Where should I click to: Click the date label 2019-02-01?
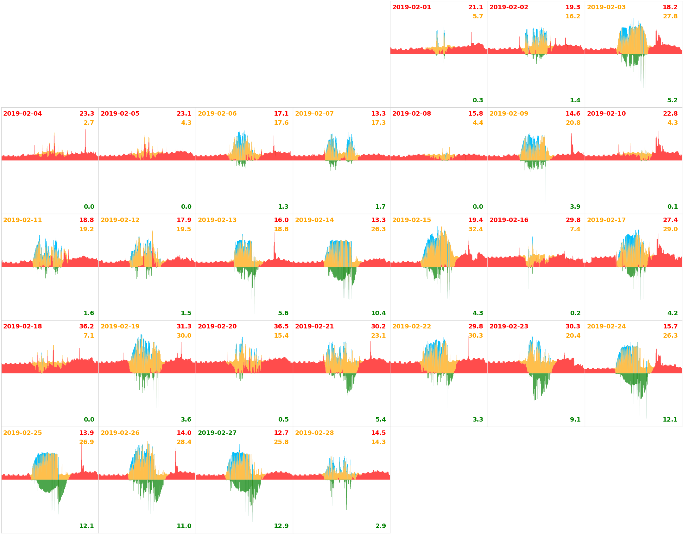click(x=411, y=7)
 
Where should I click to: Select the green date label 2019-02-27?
click(x=217, y=433)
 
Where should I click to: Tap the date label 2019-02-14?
click(x=314, y=220)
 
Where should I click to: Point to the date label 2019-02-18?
click(x=22, y=326)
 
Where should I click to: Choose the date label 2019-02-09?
click(x=509, y=113)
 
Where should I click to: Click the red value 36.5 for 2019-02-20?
click(x=281, y=326)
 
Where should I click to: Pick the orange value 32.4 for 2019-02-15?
click(x=475, y=229)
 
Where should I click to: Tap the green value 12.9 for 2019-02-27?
click(x=281, y=526)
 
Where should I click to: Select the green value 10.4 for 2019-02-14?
click(x=378, y=313)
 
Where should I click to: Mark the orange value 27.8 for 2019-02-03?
click(x=670, y=16)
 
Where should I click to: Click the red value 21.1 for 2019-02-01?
click(x=475, y=7)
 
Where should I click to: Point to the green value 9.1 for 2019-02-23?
click(x=575, y=419)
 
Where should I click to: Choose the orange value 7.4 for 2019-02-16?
click(x=575, y=229)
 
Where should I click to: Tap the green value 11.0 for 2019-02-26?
click(x=184, y=526)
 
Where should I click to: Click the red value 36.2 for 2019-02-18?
click(x=86, y=326)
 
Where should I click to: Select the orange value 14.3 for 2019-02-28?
click(x=378, y=442)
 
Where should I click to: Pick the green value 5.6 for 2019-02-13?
click(x=283, y=313)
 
